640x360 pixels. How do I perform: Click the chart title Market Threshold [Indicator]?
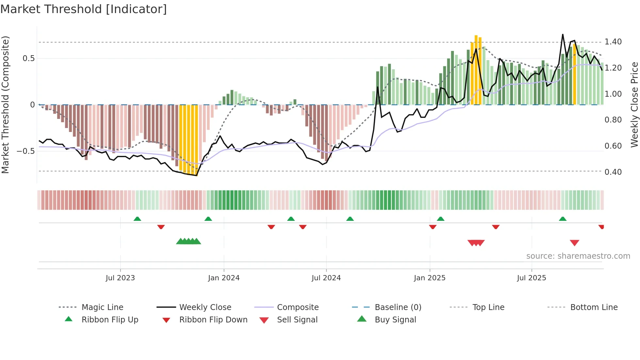[x=84, y=9]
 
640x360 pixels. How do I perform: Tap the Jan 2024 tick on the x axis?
[x=224, y=278]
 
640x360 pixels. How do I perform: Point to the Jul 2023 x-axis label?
[x=120, y=278]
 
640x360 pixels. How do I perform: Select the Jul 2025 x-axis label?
[x=531, y=278]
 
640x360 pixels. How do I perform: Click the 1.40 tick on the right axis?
[x=613, y=42]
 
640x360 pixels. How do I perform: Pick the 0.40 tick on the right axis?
[x=613, y=172]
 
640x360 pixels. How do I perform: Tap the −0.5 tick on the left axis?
[x=25, y=151]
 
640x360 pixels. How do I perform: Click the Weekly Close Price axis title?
[x=634, y=105]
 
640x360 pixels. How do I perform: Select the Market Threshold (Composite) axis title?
[x=5, y=105]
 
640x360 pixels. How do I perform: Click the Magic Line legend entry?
[x=102, y=307]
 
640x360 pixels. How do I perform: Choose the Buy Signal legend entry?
[x=395, y=320]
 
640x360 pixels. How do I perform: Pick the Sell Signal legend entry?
[x=297, y=320]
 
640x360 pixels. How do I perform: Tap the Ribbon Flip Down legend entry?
[x=213, y=320]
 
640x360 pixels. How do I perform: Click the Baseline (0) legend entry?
[x=398, y=307]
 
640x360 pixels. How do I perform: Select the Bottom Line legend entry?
[x=594, y=307]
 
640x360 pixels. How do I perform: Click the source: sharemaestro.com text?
[x=578, y=256]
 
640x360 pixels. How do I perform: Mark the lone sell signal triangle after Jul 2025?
[x=574, y=243]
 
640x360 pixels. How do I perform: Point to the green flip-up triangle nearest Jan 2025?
[x=440, y=219]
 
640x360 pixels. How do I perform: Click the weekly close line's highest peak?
[x=563, y=35]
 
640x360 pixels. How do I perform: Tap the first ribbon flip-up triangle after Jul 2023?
[x=137, y=219]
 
